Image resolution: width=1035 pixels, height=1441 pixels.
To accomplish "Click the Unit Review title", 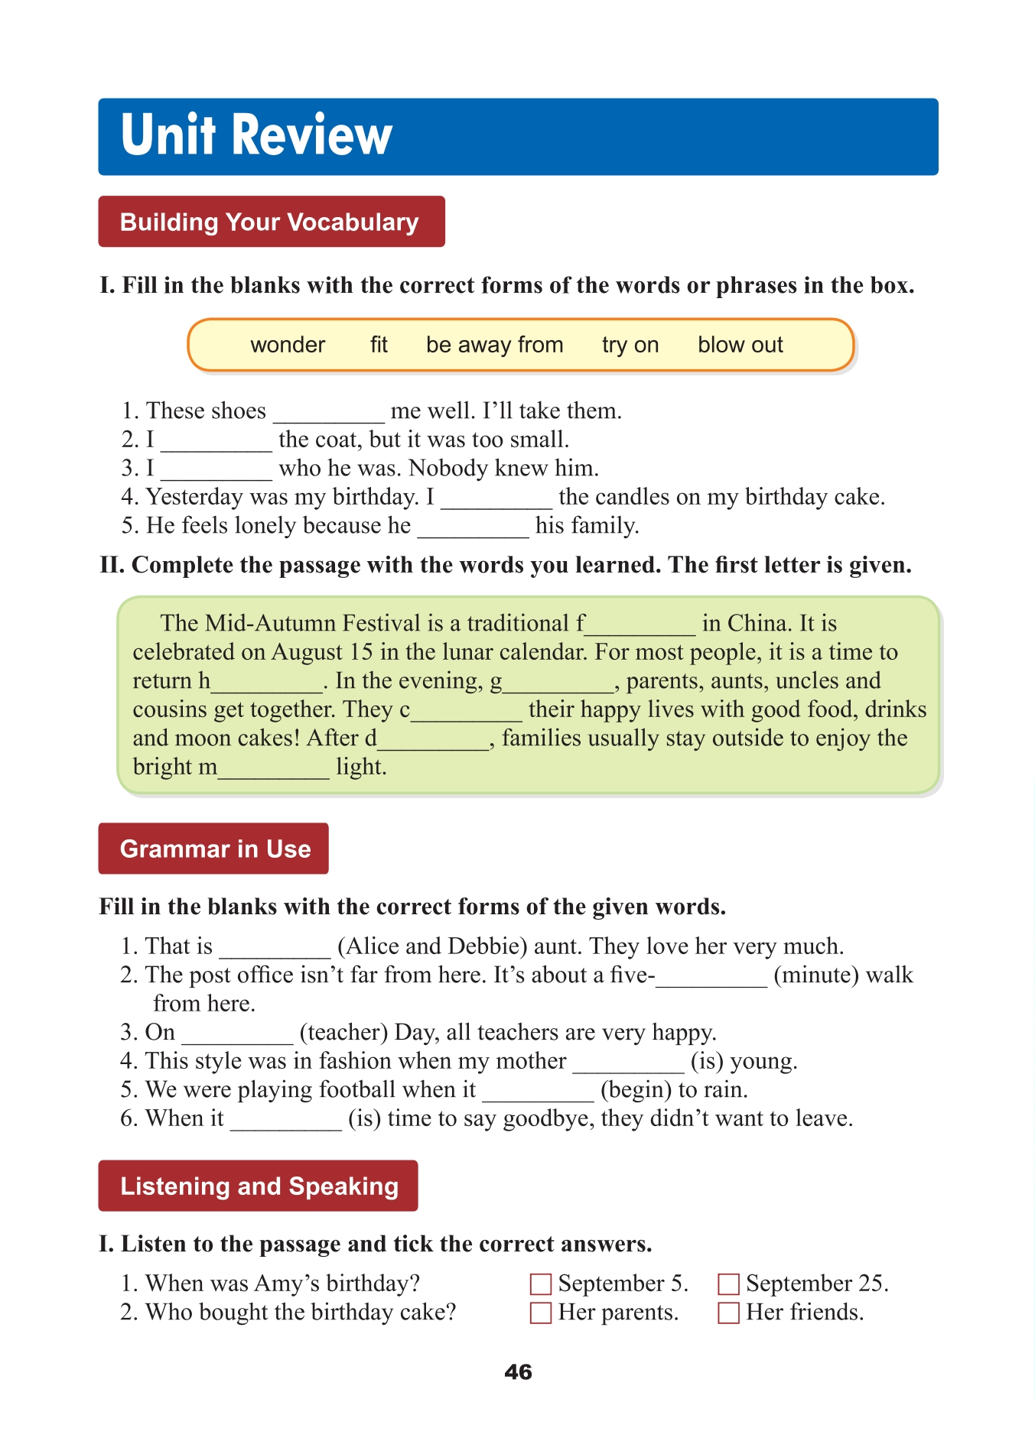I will pyautogui.click(x=256, y=135).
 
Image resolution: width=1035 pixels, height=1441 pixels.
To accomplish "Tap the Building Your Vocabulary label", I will pyautogui.click(x=270, y=222).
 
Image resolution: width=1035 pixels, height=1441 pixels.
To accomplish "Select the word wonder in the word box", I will pyautogui.click(x=288, y=345).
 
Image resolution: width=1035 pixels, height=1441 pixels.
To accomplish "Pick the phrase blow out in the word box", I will pyautogui.click(x=740, y=345).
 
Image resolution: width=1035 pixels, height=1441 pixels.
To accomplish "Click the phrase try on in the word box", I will pyautogui.click(x=630, y=345).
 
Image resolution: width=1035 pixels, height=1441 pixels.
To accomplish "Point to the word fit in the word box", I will pyautogui.click(x=379, y=345).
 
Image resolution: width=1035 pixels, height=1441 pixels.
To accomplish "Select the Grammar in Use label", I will pyautogui.click(x=214, y=849).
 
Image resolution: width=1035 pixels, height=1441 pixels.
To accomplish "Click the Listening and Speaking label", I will pyautogui.click(x=259, y=1186).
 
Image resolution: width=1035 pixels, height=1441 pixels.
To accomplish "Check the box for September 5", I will pyautogui.click(x=541, y=1284).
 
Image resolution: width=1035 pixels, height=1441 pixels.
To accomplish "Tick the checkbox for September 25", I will pyautogui.click(x=728, y=1284).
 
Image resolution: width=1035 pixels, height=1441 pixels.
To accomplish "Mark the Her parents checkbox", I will pyautogui.click(x=541, y=1313).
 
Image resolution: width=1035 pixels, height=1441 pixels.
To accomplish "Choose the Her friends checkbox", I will pyautogui.click(x=728, y=1313).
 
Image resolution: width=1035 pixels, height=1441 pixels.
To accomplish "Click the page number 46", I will pyautogui.click(x=518, y=1372).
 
